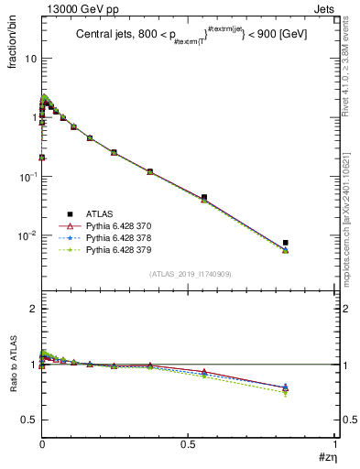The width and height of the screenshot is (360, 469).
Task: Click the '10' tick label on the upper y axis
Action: click(30, 59)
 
